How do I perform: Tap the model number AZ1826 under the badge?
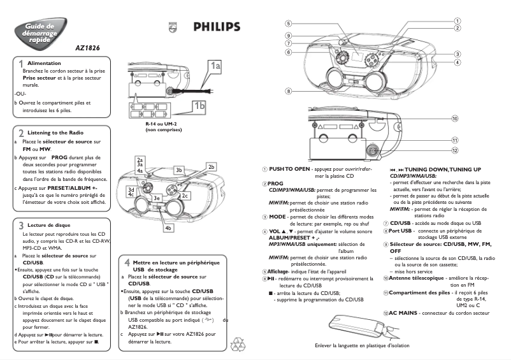tap(87, 47)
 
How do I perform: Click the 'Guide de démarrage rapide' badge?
tap(39, 32)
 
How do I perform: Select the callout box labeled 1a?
tap(216, 66)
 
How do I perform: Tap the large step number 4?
tap(127, 263)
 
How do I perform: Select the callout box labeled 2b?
tap(211, 167)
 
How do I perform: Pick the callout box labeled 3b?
tap(179, 170)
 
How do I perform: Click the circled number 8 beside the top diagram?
tap(289, 91)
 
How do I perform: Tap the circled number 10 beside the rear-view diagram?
tap(455, 119)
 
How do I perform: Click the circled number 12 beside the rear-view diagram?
tap(455, 150)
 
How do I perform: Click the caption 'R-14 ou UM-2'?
tap(161, 124)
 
